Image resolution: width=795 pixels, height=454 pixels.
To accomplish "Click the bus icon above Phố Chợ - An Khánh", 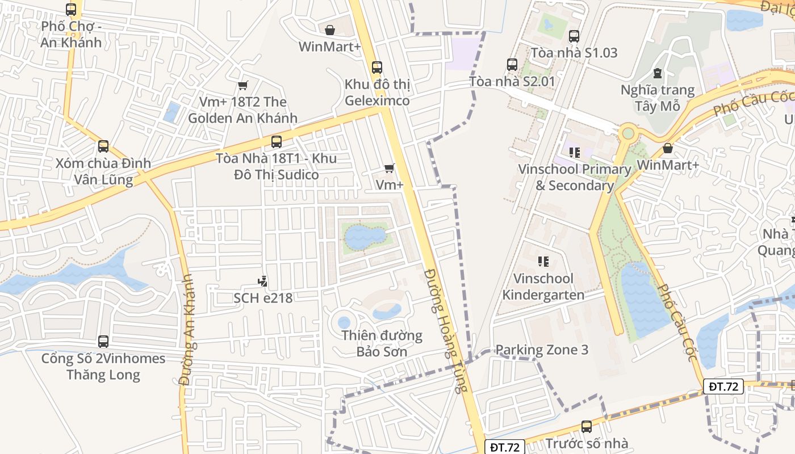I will [x=71, y=9].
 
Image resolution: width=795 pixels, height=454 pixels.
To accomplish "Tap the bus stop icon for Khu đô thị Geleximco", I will [x=376, y=68].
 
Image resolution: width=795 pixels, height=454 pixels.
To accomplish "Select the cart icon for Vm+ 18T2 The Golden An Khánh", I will [x=242, y=85].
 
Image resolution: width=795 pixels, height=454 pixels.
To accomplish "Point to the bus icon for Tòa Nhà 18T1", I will [x=277, y=141].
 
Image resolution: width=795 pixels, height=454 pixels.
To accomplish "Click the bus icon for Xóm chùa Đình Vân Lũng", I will [x=103, y=146].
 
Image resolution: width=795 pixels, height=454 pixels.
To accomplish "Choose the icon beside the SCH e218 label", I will [x=262, y=280].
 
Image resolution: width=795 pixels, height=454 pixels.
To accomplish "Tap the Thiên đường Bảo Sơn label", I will [x=382, y=343].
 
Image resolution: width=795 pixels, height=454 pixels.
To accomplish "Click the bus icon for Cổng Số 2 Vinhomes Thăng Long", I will [x=103, y=342].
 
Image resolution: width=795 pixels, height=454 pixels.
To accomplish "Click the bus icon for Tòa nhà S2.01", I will [x=512, y=65].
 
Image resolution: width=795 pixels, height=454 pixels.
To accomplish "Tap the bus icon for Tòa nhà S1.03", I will [x=574, y=36].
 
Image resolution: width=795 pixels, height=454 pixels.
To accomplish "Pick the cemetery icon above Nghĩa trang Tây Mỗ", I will [x=658, y=73].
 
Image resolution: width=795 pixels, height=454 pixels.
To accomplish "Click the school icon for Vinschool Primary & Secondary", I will [x=574, y=152].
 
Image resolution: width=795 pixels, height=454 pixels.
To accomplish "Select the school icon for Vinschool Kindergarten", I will [x=543, y=261].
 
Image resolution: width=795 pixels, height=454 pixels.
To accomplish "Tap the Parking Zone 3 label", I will [x=542, y=350].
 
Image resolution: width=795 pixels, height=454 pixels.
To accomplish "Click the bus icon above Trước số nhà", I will [x=587, y=426].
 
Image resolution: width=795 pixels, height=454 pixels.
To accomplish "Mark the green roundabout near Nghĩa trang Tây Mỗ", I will [x=627, y=133].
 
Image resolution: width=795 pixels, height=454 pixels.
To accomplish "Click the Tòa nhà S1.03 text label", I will [x=574, y=53].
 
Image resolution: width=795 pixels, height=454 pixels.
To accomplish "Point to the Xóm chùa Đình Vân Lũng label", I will [x=103, y=172].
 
